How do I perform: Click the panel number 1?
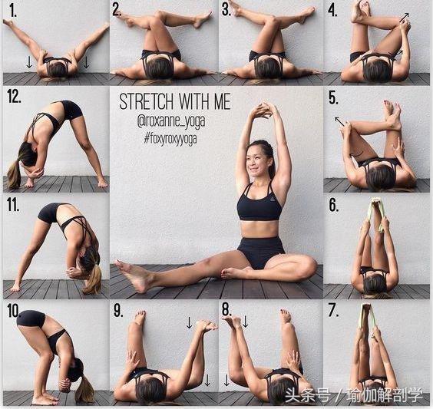[13, 11]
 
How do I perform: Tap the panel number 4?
[332, 11]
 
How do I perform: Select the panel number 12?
[14, 97]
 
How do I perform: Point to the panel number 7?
[332, 310]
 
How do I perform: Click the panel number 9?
[118, 310]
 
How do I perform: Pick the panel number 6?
[333, 206]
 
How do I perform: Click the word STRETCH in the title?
[146, 101]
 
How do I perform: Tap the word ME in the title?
[222, 101]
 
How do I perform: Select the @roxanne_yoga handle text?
[171, 121]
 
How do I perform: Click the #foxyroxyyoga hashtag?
[170, 138]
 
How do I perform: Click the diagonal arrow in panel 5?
[339, 121]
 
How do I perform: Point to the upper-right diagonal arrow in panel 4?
[404, 18]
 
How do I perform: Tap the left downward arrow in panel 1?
[29, 62]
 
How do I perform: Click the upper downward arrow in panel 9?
[189, 322]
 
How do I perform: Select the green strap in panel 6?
[375, 214]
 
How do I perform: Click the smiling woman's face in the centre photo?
[257, 161]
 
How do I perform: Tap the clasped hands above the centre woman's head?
[261, 110]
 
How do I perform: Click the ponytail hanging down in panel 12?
[14, 174]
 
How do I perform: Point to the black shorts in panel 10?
[31, 318]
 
